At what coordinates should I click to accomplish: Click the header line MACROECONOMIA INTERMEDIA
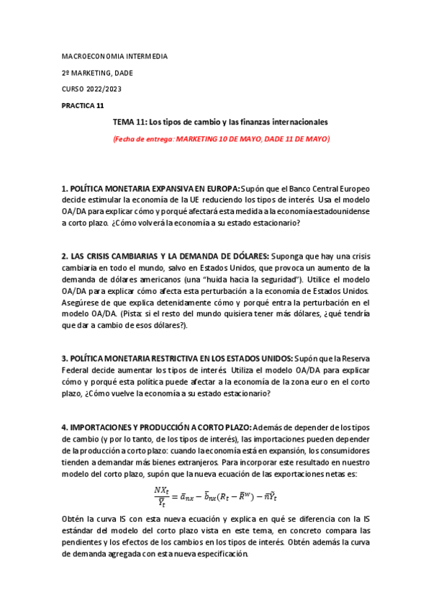(114, 55)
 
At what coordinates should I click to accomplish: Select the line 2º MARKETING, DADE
(96, 72)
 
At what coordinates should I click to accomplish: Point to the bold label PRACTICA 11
(83, 105)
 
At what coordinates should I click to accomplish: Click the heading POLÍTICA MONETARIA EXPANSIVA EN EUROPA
(150, 188)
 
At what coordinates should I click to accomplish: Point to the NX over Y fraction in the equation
(162, 496)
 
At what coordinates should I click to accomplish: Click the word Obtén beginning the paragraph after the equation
(73, 519)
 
